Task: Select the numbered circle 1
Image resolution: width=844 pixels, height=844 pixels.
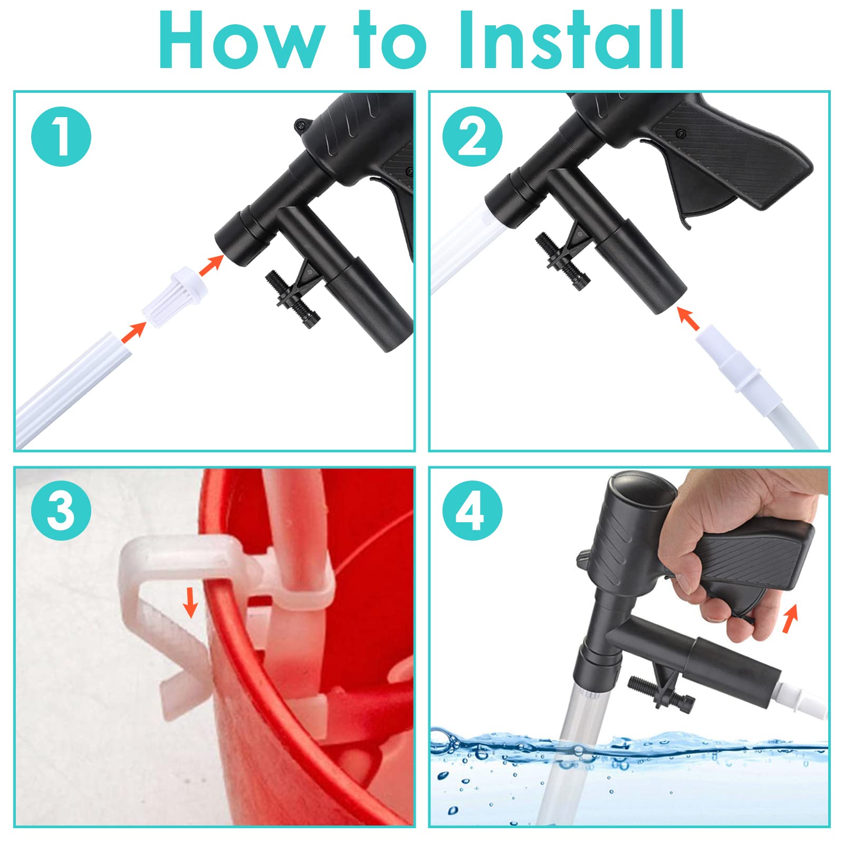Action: point(61,137)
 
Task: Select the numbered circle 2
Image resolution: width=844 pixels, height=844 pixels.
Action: point(473,137)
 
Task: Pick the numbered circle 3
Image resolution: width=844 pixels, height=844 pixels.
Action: point(61,510)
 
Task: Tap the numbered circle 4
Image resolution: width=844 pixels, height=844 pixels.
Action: point(473,510)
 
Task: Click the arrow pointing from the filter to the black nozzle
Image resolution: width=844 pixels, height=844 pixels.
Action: point(212,264)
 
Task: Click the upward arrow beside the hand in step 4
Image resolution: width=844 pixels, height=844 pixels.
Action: point(790,619)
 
